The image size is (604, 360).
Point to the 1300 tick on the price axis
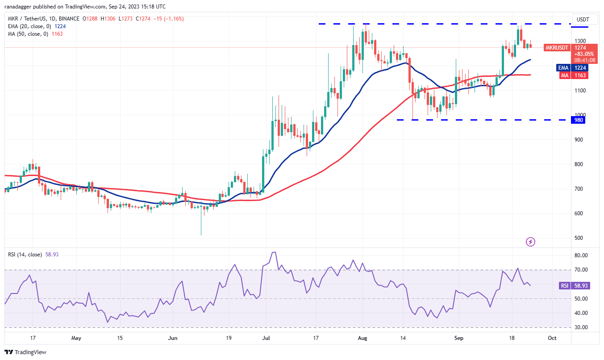coord(581,41)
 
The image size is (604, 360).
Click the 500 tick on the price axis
coord(580,238)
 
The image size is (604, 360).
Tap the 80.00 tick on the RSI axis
coord(582,255)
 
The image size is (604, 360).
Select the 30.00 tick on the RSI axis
coord(582,327)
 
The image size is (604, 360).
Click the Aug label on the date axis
coord(362,338)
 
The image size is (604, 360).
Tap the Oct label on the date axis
coord(552,338)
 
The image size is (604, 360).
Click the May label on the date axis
coord(76,338)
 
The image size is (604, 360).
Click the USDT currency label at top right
coord(583,19)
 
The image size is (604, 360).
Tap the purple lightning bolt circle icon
coord(531,242)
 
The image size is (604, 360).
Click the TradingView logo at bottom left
coord(25,352)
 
